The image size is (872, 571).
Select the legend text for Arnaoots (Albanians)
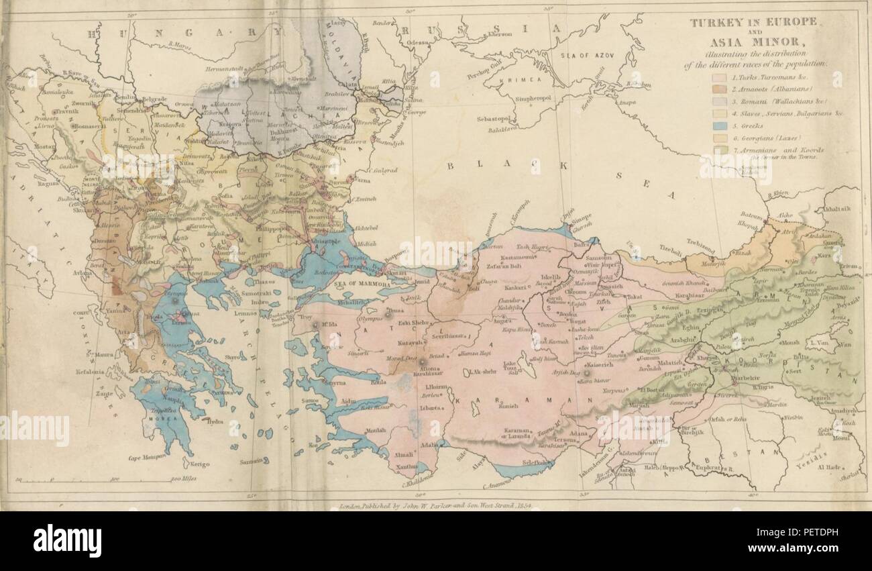click(x=755, y=89)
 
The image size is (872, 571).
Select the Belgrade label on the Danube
click(x=154, y=99)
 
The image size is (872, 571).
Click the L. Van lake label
click(x=816, y=343)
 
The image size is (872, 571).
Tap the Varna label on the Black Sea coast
click(x=361, y=180)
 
